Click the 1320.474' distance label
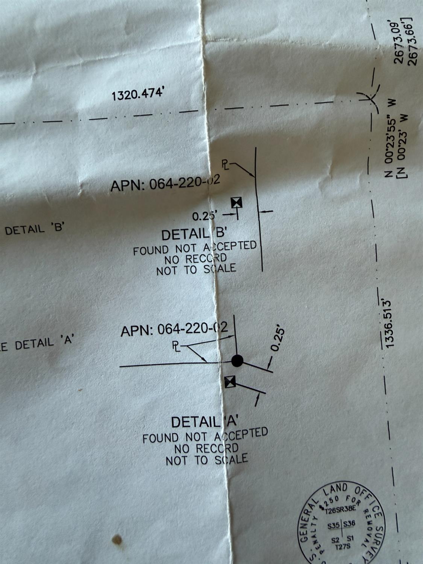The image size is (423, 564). click(138, 93)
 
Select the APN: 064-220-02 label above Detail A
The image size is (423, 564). click(174, 329)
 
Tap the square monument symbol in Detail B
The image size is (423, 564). click(237, 202)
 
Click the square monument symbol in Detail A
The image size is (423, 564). click(230, 382)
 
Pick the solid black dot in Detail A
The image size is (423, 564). click(237, 361)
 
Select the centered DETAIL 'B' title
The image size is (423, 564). click(193, 234)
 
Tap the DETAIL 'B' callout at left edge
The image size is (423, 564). click(35, 229)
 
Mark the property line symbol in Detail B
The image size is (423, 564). click(225, 164)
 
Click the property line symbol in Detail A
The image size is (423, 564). click(176, 345)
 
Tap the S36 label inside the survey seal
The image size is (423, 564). click(349, 523)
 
